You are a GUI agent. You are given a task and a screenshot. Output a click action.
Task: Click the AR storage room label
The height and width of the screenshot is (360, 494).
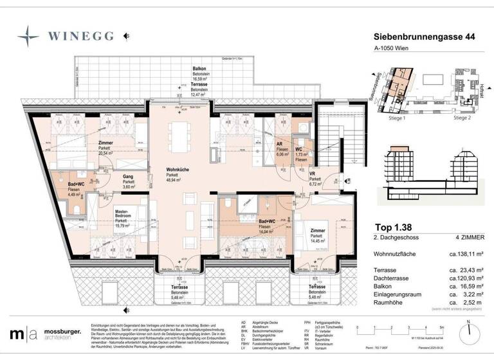(x=280, y=145)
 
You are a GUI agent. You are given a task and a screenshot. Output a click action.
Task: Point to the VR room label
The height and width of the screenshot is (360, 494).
(x=311, y=174)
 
